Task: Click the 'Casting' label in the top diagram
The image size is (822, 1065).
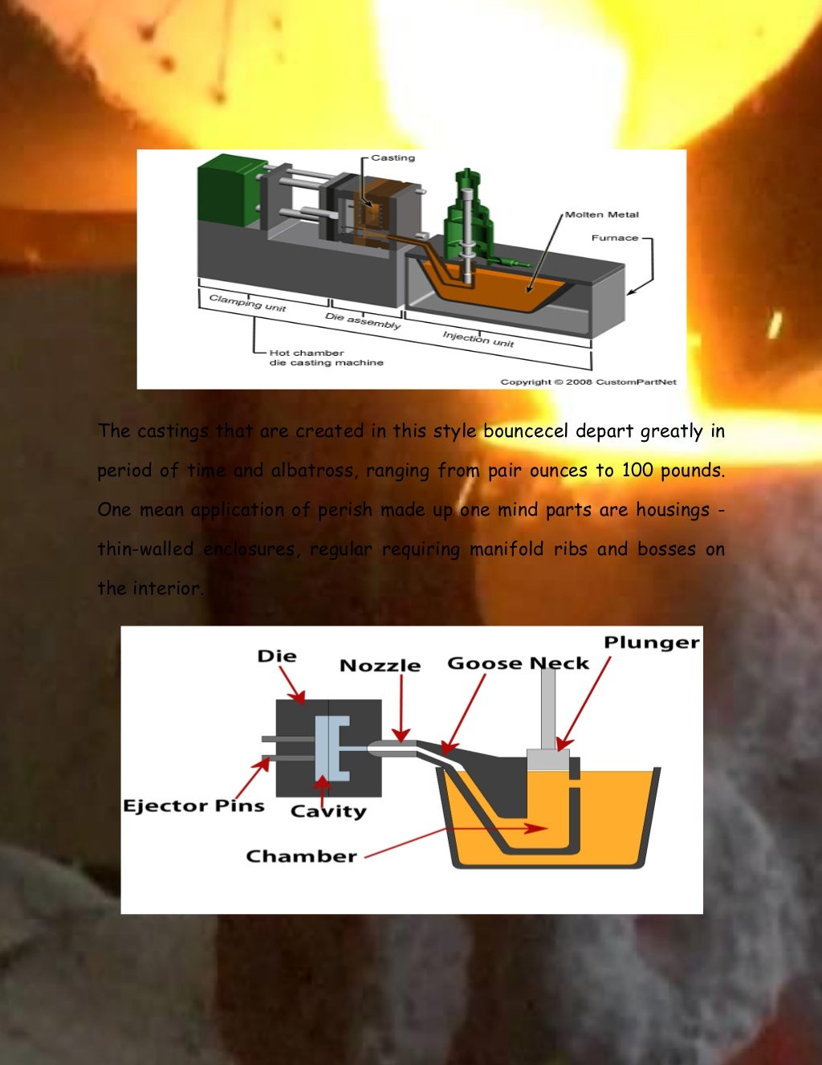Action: (x=393, y=158)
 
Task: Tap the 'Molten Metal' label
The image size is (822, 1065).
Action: (x=601, y=214)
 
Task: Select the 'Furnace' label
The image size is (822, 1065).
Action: (x=615, y=238)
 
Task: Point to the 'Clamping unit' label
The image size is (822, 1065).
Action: (x=247, y=303)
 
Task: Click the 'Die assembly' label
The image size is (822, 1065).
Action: (x=363, y=320)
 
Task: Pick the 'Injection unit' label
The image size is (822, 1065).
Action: (x=478, y=338)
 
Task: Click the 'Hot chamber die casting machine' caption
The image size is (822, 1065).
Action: (x=325, y=357)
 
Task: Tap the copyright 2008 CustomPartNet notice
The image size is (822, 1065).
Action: (x=588, y=382)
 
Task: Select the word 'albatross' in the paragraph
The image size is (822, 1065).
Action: (x=312, y=471)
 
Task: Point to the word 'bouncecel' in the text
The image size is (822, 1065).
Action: (x=525, y=431)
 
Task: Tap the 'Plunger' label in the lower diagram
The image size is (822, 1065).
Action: (x=651, y=643)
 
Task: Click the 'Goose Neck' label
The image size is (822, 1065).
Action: (x=518, y=663)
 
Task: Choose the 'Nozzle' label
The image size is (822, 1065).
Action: (x=380, y=666)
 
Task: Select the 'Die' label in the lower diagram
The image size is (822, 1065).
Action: (x=277, y=656)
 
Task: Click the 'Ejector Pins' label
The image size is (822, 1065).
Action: (x=193, y=806)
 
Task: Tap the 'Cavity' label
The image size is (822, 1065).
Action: (x=328, y=811)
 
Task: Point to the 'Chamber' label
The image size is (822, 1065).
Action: (x=301, y=856)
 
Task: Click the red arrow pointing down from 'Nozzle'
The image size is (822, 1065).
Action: (x=401, y=707)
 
